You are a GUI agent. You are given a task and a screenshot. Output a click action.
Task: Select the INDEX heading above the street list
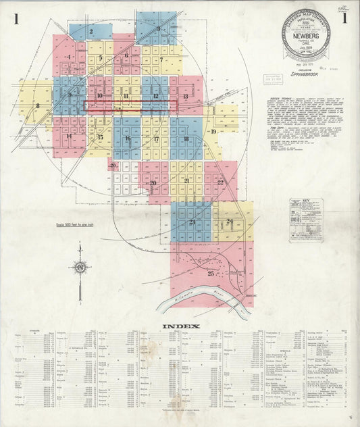pos(180,326)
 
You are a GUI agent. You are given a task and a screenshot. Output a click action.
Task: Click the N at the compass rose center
pos(80,268)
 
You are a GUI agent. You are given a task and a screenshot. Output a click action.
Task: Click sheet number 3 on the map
pos(158,28)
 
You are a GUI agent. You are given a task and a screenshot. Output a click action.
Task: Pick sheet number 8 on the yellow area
pos(38,105)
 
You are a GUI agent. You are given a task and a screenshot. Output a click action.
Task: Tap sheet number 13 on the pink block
pos(185,97)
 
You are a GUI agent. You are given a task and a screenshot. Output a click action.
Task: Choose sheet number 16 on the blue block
pos(127,139)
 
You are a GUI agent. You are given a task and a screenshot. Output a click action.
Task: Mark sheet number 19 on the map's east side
pos(213,132)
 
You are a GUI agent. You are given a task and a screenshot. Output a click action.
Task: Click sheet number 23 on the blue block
pos(192,222)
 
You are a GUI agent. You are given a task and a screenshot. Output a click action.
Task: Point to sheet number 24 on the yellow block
pos(230,221)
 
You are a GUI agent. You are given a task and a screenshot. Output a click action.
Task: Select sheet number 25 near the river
pos(211,273)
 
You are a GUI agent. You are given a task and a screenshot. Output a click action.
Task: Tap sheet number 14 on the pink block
pos(69,136)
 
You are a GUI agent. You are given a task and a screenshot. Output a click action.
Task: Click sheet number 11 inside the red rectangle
pos(126,97)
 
